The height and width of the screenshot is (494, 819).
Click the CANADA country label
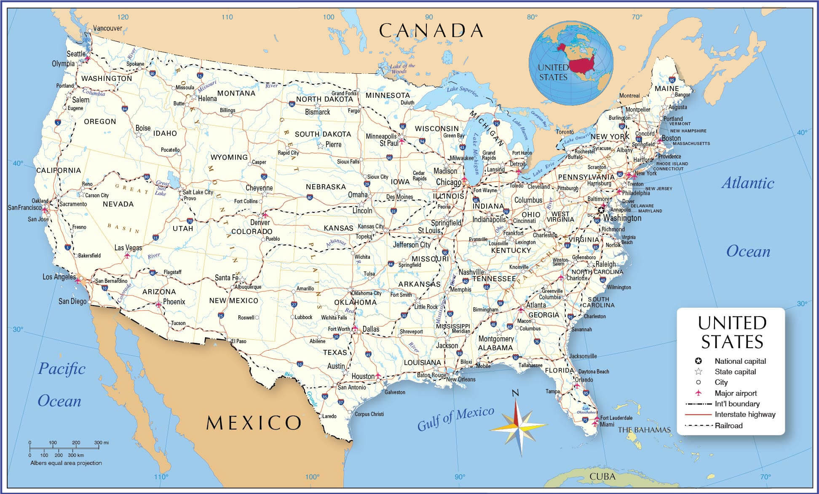click(431, 30)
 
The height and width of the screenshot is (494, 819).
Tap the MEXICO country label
click(254, 422)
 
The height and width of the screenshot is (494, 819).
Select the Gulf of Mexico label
click(455, 418)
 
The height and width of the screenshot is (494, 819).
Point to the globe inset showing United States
click(571, 63)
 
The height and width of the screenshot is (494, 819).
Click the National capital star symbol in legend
click(699, 361)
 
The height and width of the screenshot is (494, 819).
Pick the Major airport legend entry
click(736, 393)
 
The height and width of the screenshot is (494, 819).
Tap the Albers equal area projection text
click(66, 463)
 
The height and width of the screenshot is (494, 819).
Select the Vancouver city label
click(107, 28)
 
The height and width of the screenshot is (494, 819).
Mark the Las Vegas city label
click(128, 248)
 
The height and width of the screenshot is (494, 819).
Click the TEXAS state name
click(335, 352)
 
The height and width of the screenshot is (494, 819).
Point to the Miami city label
click(607, 424)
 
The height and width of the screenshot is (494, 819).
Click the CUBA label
click(602, 477)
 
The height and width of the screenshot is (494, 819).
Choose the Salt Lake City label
click(198, 192)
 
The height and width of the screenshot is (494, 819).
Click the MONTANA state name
click(236, 93)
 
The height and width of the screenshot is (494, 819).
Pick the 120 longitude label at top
click(123, 17)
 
